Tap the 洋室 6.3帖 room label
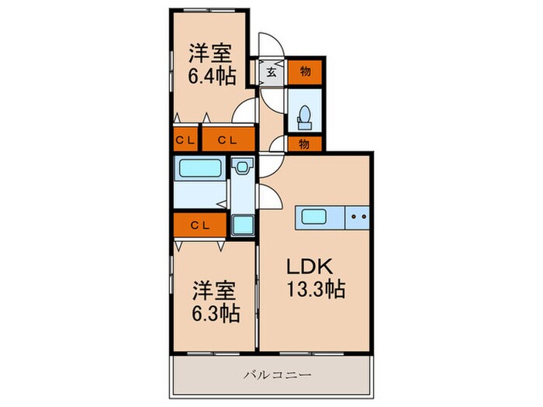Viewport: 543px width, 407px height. click(x=216, y=303)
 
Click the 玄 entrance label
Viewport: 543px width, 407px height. click(x=272, y=71)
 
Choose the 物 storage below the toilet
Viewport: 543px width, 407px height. click(x=304, y=143)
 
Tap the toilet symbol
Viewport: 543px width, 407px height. click(x=304, y=116)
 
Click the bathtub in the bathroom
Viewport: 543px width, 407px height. click(x=199, y=168)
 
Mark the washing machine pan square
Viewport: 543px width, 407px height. click(x=242, y=224)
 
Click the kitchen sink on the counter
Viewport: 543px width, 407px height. click(x=316, y=217)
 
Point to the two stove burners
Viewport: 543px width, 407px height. click(x=358, y=217)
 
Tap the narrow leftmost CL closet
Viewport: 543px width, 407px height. click(x=185, y=140)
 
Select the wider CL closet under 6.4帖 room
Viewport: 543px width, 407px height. click(x=228, y=140)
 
